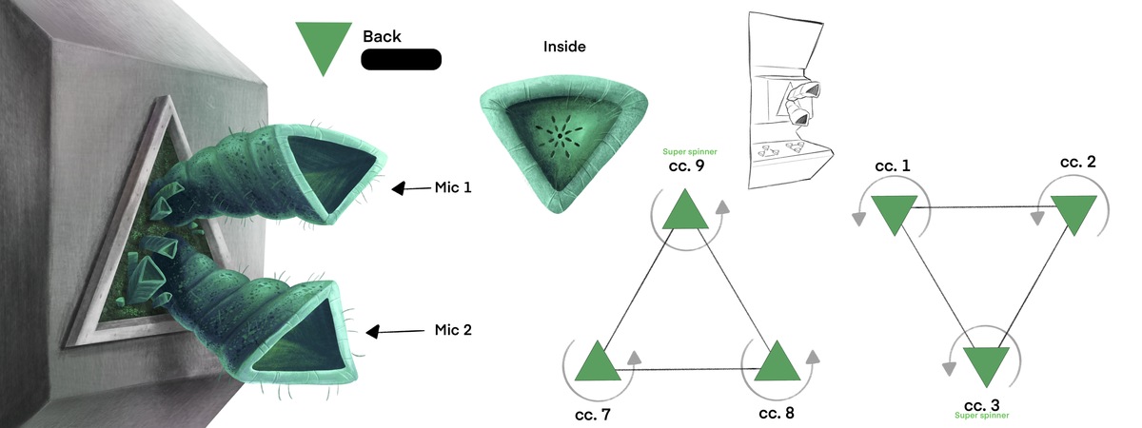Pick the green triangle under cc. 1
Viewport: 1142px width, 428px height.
[x=893, y=213]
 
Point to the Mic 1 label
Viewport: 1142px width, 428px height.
[x=453, y=187]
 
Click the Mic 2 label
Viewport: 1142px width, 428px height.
[x=453, y=331]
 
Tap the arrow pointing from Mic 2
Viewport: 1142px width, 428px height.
[x=394, y=332]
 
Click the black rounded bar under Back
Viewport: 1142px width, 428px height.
[x=401, y=60]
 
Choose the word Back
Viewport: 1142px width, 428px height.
[x=382, y=37]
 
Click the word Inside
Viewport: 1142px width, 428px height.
[x=564, y=46]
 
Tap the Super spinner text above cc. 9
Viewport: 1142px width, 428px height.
[x=691, y=152]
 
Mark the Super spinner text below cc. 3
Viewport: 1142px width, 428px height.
[x=981, y=416]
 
